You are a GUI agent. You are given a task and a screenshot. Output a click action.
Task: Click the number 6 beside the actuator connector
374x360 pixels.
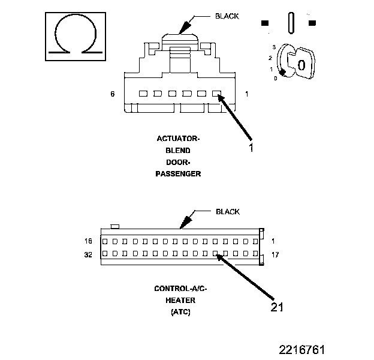point(112,94)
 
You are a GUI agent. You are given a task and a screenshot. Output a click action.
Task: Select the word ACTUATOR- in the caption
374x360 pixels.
point(178,139)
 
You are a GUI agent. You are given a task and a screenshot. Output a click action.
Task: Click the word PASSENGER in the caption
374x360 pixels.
point(178,173)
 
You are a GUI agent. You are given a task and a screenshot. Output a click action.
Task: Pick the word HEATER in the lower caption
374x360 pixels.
point(180,300)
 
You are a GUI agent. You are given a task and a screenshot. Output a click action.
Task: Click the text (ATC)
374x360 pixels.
point(180,312)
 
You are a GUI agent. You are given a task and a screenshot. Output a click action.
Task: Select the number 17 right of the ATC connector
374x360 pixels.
point(275,254)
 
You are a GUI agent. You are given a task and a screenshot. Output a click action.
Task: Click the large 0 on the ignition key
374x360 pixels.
point(301,65)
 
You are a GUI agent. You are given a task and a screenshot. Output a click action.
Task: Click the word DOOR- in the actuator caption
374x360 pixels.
point(178,162)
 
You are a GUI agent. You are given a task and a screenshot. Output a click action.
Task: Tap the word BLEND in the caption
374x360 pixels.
point(178,151)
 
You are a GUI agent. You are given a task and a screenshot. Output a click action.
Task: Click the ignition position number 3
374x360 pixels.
point(274,46)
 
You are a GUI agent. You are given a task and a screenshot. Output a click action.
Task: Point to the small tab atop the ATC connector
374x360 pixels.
point(116,226)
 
